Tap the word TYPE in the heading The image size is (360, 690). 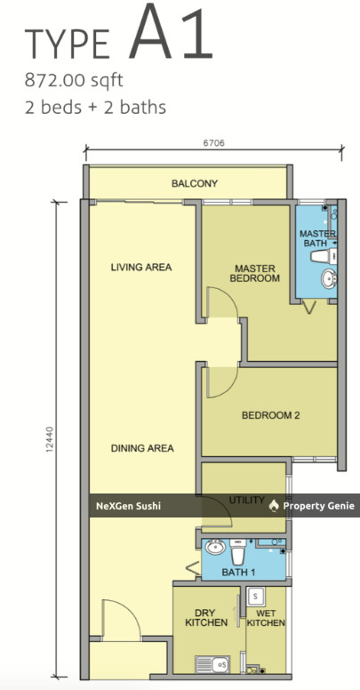tap(68, 44)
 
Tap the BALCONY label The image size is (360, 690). tap(195, 184)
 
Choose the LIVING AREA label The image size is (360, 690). tap(140, 267)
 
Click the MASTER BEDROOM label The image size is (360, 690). tap(256, 273)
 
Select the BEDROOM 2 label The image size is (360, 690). tap(270, 414)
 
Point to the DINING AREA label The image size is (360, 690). tap(142, 448)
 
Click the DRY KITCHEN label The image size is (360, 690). tap(208, 617)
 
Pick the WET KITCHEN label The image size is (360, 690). tap(266, 617)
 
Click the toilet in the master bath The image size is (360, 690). tap(320, 256)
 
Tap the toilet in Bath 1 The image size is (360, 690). tap(236, 548)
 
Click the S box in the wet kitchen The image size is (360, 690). tap(256, 595)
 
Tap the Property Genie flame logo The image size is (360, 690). tap(274, 505)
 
